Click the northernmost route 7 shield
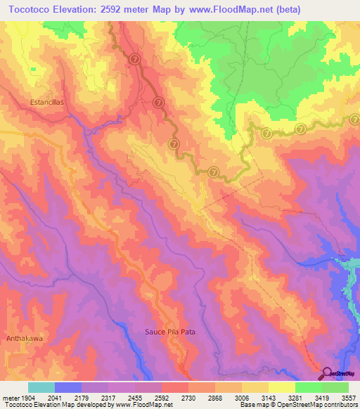point(135,60)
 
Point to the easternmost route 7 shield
point(300,129)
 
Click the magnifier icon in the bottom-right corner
point(328,373)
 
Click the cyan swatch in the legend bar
point(41,387)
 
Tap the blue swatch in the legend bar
point(68,387)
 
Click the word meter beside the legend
point(9,396)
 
